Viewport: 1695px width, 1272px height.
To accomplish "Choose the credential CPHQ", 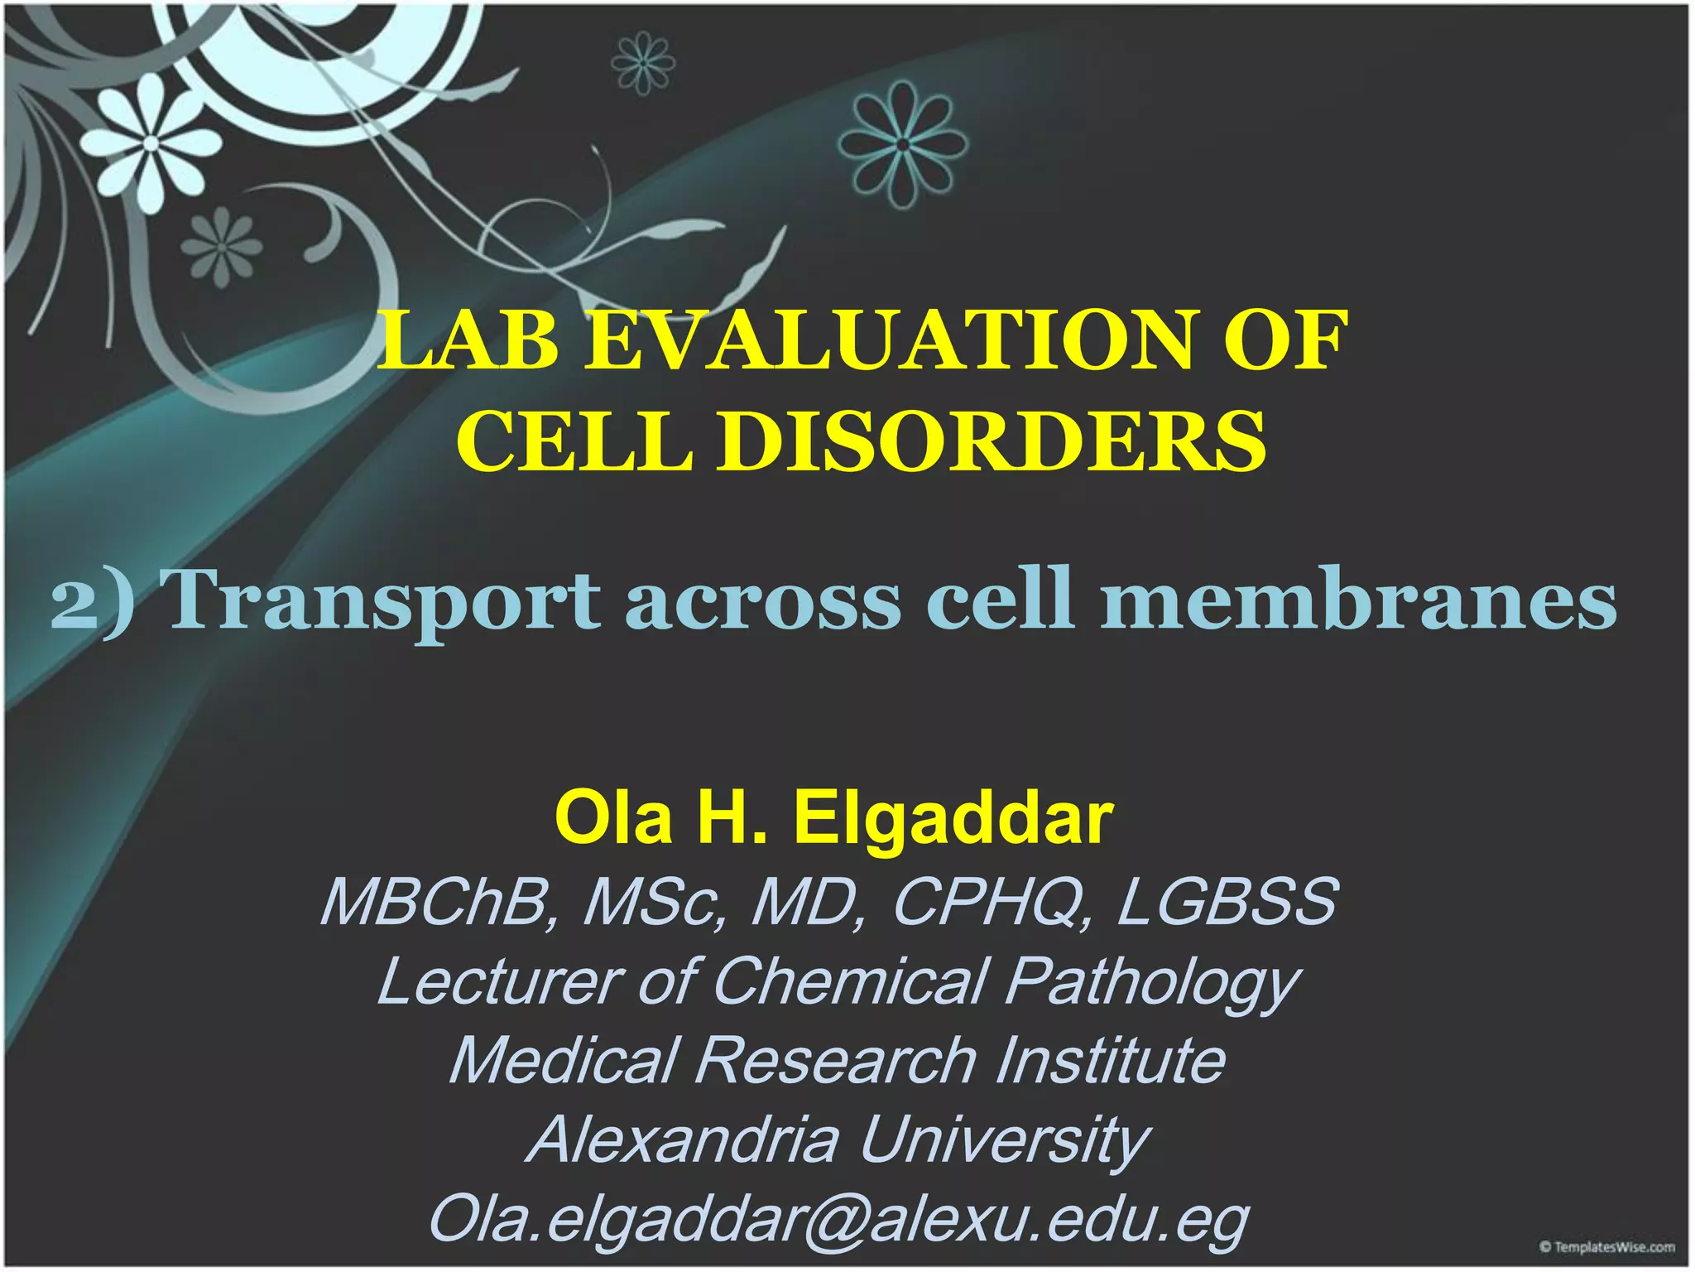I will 989,903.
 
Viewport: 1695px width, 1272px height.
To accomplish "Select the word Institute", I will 1109,1061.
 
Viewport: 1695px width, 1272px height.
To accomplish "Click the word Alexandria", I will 684,1140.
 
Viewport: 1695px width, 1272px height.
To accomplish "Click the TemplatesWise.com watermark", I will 1606,1247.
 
